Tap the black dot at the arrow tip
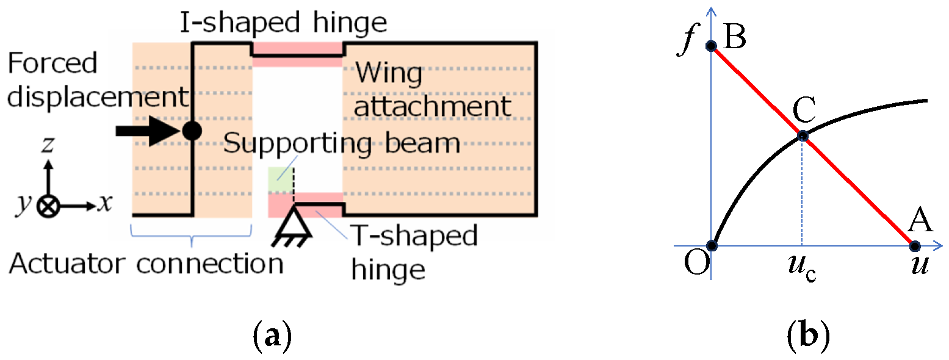tap(192, 131)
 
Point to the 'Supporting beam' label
tap(341, 144)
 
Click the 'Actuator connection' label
tap(146, 264)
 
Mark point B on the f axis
tap(711, 46)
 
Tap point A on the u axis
tap(914, 246)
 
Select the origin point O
tap(711, 246)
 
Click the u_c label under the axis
tap(802, 268)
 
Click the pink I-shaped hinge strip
tap(298, 54)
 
